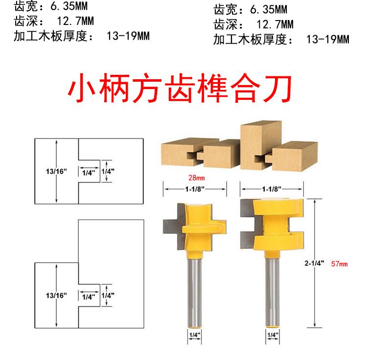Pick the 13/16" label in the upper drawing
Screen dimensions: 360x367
pyautogui.click(x=50, y=172)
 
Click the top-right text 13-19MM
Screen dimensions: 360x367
pyautogui.click(x=327, y=39)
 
